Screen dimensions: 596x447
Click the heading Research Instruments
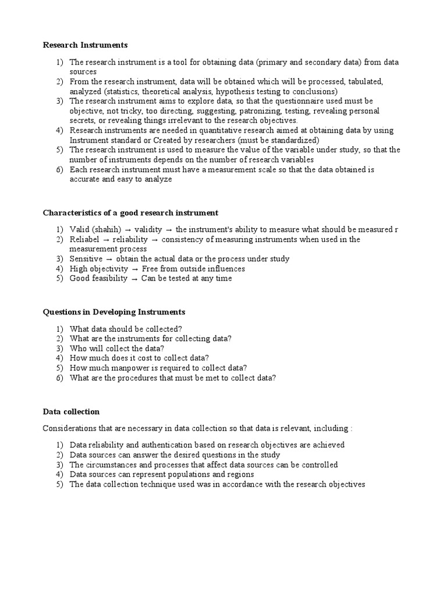(85, 45)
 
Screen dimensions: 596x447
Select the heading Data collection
(71, 411)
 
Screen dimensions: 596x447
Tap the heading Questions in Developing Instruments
(113, 312)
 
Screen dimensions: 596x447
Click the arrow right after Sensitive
(109, 259)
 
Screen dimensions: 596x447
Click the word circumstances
(112, 465)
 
